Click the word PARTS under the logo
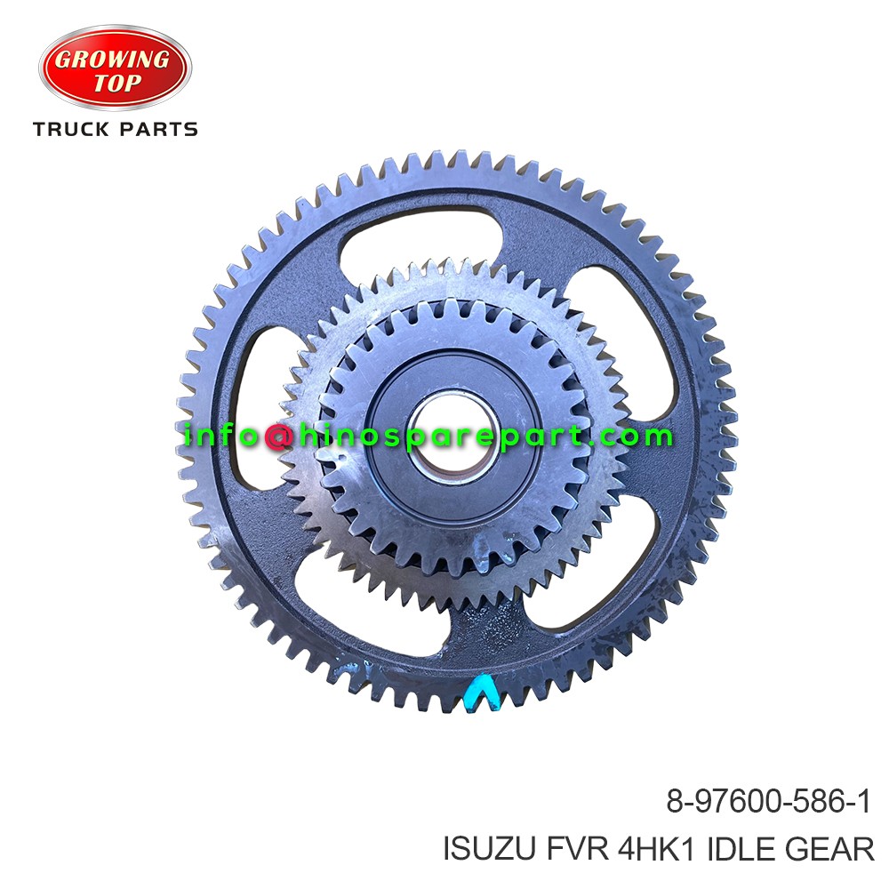coord(159,130)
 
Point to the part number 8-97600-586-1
coord(768,804)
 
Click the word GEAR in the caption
coord(830,850)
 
